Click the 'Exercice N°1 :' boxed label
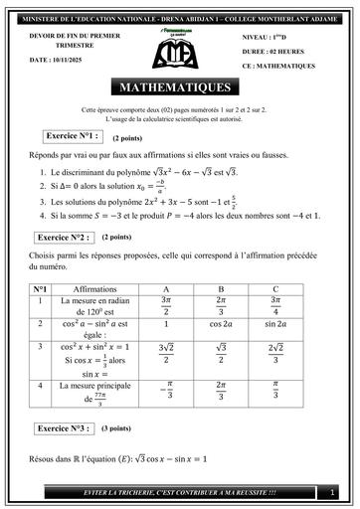click(74, 135)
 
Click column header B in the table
click(222, 289)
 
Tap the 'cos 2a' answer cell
click(222, 324)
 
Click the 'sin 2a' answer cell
click(276, 324)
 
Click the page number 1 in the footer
click(331, 492)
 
